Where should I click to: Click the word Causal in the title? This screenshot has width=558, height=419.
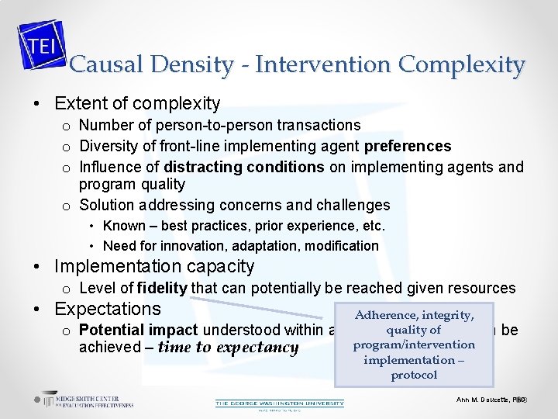pyautogui.click(x=98, y=64)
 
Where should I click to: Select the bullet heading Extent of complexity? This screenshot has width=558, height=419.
pyautogui.click(x=137, y=103)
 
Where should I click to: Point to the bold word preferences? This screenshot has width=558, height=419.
pyautogui.click(x=408, y=146)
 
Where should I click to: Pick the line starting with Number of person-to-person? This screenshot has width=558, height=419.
pyautogui.click(x=220, y=125)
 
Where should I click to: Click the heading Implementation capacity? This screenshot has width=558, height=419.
pyautogui.click(x=154, y=267)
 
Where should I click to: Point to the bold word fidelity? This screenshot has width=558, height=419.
pyautogui.click(x=162, y=288)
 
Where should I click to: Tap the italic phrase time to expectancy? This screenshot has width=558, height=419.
pyautogui.click(x=228, y=348)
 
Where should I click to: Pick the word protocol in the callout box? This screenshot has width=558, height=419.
pyautogui.click(x=414, y=375)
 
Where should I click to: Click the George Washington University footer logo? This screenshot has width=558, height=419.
pyautogui.click(x=279, y=403)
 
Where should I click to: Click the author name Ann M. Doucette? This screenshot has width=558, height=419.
pyautogui.click(x=483, y=399)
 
